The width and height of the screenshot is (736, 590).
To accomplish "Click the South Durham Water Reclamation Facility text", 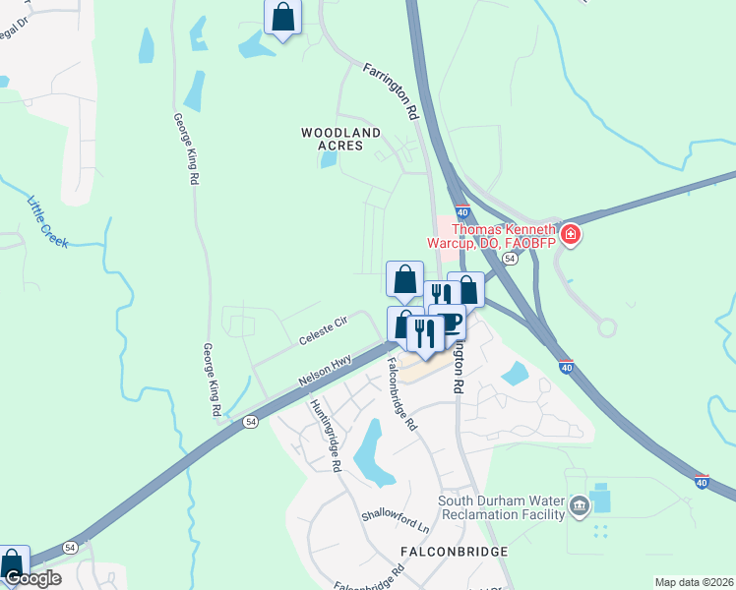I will [502, 506].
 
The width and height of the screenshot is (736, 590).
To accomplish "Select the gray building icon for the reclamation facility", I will [580, 507].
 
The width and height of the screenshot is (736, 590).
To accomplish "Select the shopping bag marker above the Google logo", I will [12, 562].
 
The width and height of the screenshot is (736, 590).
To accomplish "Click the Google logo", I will [32, 578].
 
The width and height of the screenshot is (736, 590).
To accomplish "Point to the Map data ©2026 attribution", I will [694, 582].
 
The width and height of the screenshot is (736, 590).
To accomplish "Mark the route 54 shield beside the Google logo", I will [70, 547].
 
